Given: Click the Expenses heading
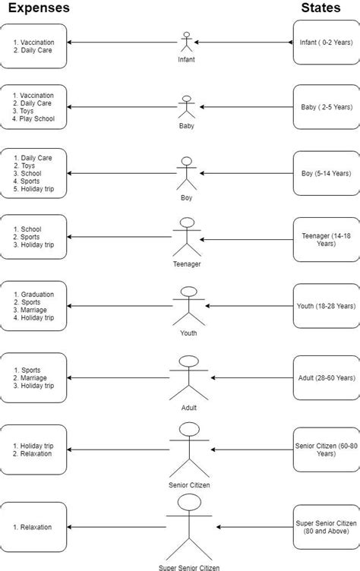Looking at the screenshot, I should pos(39,8).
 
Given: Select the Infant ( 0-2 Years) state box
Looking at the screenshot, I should pos(324,43).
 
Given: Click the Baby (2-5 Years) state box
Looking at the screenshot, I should pos(324,107).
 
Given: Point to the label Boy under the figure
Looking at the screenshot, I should pos(186,197).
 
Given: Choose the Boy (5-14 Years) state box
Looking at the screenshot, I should pos(324,173).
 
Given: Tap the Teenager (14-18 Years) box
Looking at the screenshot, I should pos(324,240).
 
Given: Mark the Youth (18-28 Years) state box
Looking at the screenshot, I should pos(324,306).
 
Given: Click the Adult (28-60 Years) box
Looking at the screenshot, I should pos(324,377).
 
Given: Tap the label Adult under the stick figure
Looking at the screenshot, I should pos(188,407).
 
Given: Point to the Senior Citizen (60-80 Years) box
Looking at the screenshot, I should pos(324,448).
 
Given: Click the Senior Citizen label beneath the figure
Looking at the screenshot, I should pos(188,484).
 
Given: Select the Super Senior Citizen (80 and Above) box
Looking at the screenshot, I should pos(324,526).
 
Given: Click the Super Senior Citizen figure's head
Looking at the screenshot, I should pos(188,503).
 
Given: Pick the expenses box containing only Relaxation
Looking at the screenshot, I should pos(35,526).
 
